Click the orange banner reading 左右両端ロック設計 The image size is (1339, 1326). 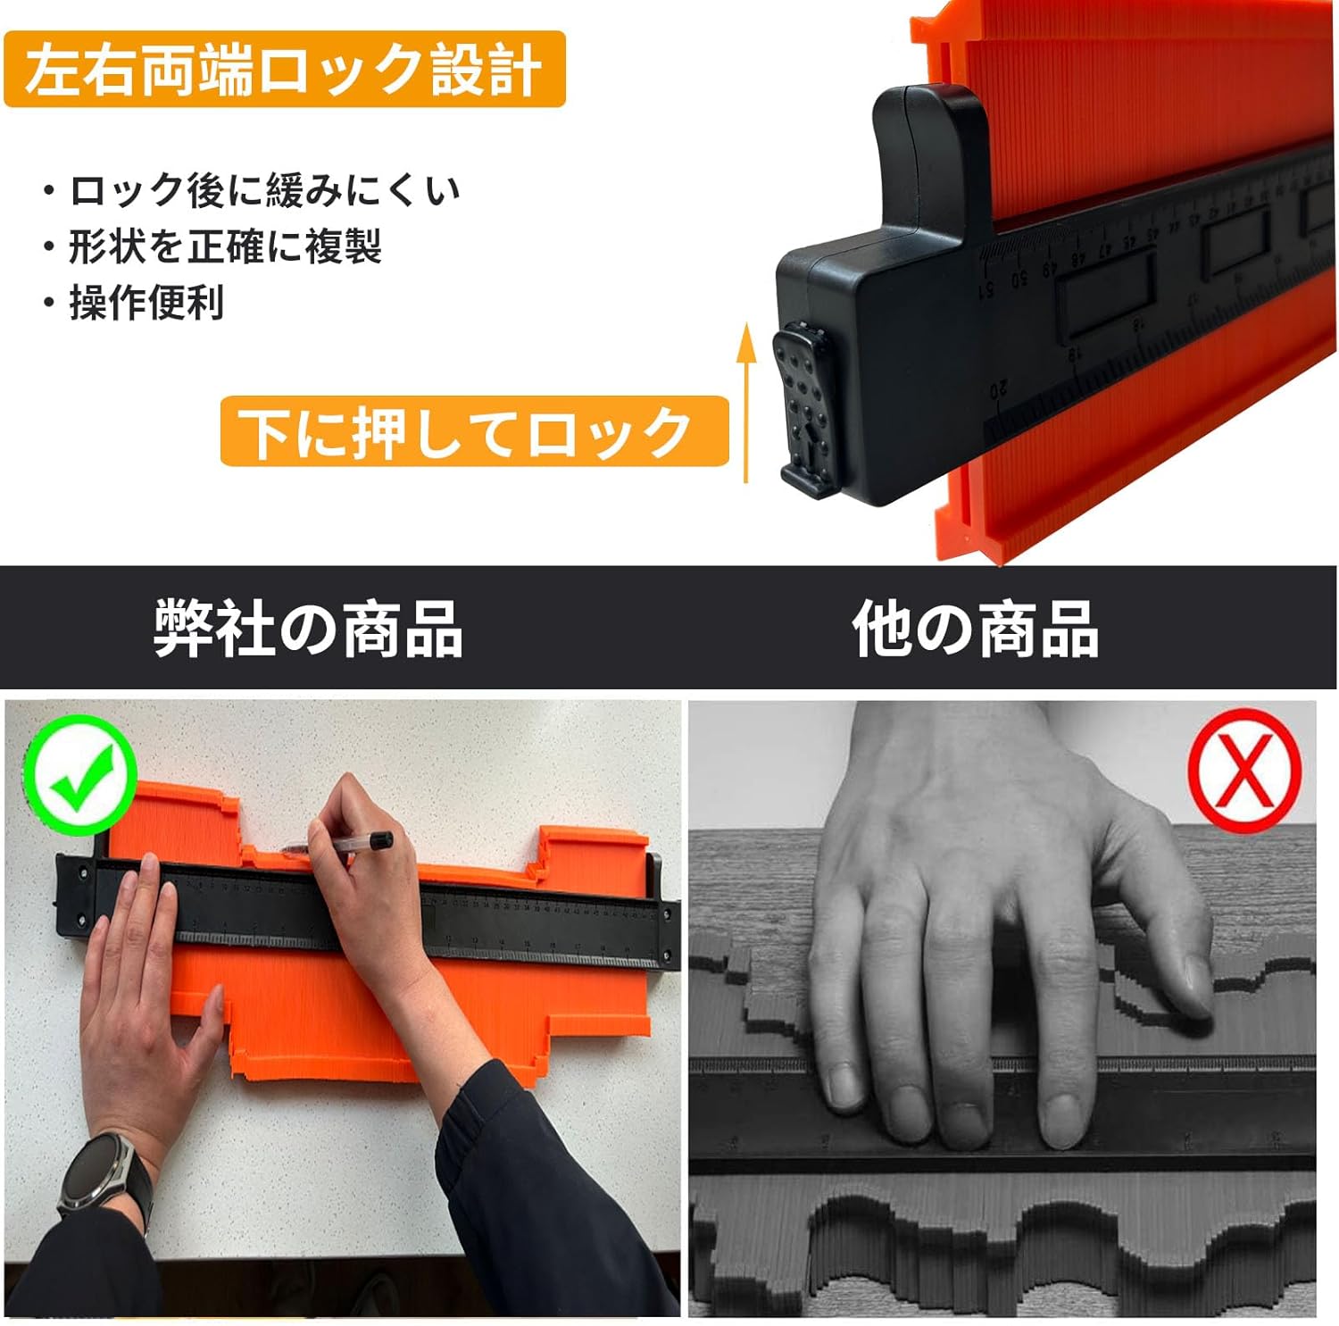(285, 70)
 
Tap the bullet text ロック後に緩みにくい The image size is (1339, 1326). (264, 190)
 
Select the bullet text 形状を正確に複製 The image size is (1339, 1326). (225, 246)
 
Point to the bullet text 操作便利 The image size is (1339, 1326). (146, 303)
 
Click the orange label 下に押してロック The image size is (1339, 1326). (474, 431)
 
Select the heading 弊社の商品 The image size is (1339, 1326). (308, 629)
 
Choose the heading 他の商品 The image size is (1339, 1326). (975, 629)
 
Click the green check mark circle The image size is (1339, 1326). (80, 775)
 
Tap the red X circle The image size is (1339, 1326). (1244, 770)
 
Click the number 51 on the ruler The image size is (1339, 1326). (986, 291)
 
